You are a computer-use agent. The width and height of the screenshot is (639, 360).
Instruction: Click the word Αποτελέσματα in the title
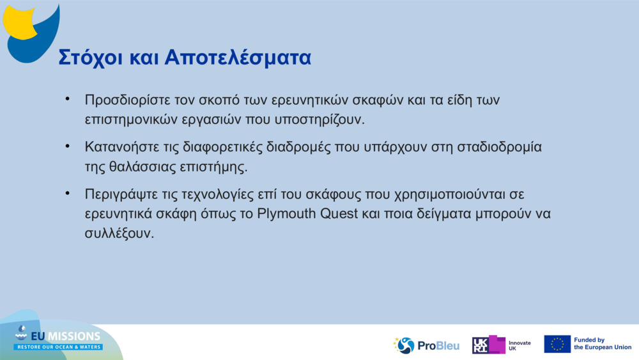[x=238, y=57]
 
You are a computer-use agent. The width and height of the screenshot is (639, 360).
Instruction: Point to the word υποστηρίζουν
[x=321, y=119]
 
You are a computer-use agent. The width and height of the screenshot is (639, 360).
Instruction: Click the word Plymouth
[x=286, y=213]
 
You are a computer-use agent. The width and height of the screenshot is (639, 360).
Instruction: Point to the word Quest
[x=338, y=213]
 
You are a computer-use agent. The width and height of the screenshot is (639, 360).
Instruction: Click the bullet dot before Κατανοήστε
[x=66, y=146]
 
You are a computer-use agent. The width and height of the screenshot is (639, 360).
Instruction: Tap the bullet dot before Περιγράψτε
[x=66, y=193]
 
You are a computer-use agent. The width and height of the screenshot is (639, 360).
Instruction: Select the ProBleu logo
[x=426, y=345]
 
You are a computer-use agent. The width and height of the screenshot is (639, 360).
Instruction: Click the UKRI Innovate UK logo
[x=501, y=345]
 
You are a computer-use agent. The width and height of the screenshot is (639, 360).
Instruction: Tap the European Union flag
[x=557, y=344]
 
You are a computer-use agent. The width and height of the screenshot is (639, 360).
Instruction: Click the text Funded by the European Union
[x=603, y=344]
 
